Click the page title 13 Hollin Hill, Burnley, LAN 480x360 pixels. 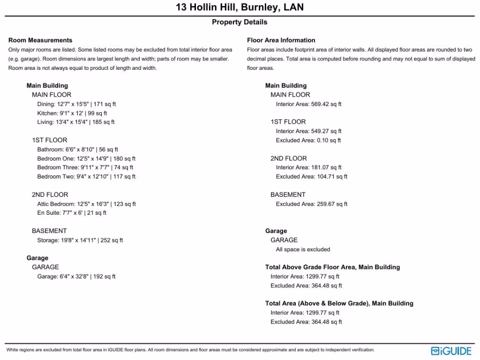click(240, 7)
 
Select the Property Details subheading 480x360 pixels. click(240, 22)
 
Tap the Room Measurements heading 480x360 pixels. click(40, 40)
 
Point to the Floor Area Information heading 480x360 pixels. click(281, 40)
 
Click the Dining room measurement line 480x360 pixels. click(76, 104)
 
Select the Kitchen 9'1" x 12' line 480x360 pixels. click(72, 113)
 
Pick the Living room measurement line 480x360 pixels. click(76, 122)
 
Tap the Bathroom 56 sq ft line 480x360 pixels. click(78, 150)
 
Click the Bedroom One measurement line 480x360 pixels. click(86, 158)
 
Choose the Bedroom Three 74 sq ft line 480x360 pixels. click(85, 167)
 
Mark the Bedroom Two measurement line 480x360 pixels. click(86, 177)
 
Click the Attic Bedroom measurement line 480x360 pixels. click(87, 204)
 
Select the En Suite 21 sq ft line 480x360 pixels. click(72, 213)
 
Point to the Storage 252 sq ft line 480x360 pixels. click(80, 240)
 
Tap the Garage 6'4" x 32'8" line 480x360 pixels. click(76, 277)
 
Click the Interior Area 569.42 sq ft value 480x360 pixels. click(309, 104)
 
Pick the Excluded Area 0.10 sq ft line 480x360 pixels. click(308, 140)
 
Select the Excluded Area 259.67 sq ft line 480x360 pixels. click(312, 204)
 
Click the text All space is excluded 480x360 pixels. click(303, 249)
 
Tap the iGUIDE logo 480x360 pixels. click(451, 351)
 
